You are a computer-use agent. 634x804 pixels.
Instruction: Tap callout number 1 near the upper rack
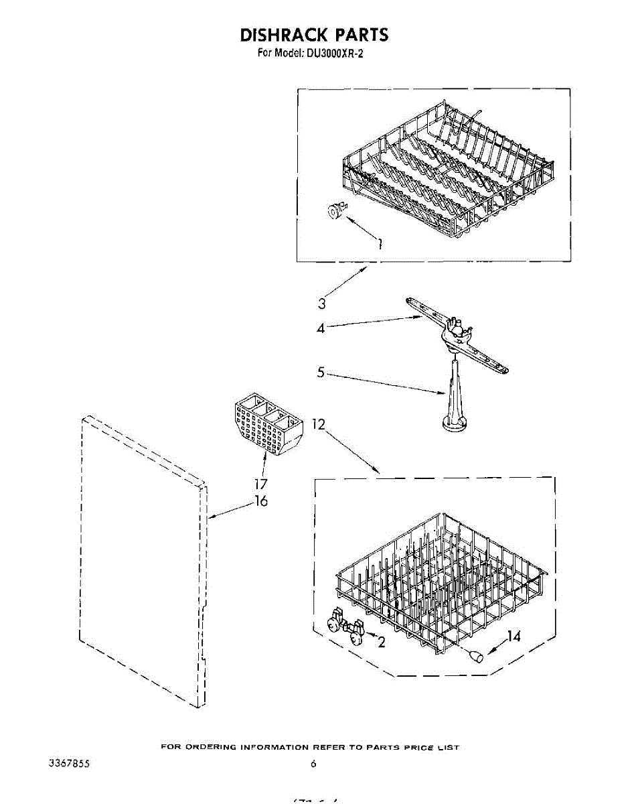click(380, 244)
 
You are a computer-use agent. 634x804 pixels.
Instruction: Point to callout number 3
click(322, 303)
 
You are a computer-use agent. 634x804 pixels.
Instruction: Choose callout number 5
click(321, 372)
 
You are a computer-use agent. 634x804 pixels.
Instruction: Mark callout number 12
click(319, 424)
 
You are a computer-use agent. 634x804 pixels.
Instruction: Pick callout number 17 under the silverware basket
click(260, 483)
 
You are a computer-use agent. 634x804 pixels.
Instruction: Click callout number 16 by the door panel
click(260, 501)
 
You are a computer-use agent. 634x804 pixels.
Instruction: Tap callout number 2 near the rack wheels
click(382, 642)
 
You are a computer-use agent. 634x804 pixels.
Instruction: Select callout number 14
click(513, 636)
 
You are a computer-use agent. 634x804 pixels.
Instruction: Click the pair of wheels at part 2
click(346, 626)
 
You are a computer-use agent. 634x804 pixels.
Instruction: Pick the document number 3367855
click(70, 763)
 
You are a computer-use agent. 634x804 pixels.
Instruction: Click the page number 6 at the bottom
click(313, 763)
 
